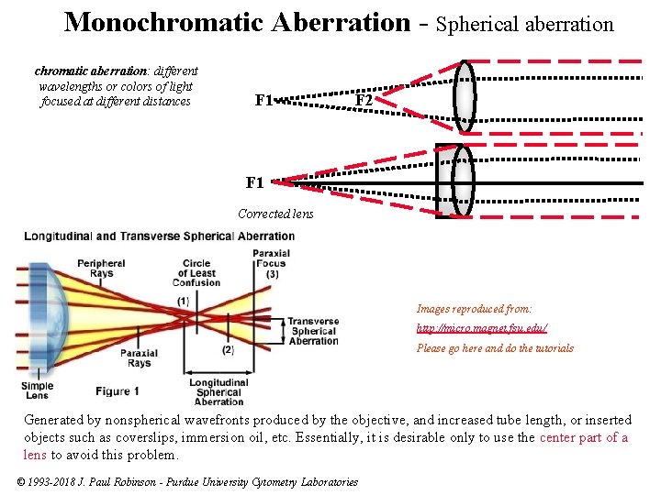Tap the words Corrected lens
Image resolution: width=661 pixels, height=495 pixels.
click(x=275, y=214)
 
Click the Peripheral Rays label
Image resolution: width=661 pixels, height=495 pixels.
click(x=101, y=268)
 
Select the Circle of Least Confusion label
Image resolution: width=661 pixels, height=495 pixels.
click(x=196, y=272)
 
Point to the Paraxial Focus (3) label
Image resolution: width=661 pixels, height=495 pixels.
click(x=271, y=264)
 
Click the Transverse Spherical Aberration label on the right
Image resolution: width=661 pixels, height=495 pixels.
click(x=313, y=331)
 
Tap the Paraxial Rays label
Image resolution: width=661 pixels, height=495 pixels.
click(x=139, y=357)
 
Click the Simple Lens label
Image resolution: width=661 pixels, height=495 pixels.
click(x=37, y=390)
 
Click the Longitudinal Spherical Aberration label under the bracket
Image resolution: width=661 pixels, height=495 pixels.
click(x=219, y=392)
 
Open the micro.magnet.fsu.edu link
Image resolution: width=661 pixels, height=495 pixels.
click(x=482, y=328)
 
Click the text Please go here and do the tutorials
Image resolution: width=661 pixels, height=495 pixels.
click(x=495, y=348)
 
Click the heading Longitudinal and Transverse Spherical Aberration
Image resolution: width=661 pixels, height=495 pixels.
click(x=160, y=236)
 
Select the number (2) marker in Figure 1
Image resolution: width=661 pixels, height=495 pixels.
click(x=227, y=349)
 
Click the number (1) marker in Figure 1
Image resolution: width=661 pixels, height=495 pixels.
click(x=183, y=301)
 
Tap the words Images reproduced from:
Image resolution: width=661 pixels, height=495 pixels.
click(x=474, y=309)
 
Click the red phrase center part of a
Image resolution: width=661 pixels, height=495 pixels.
click(x=584, y=437)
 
